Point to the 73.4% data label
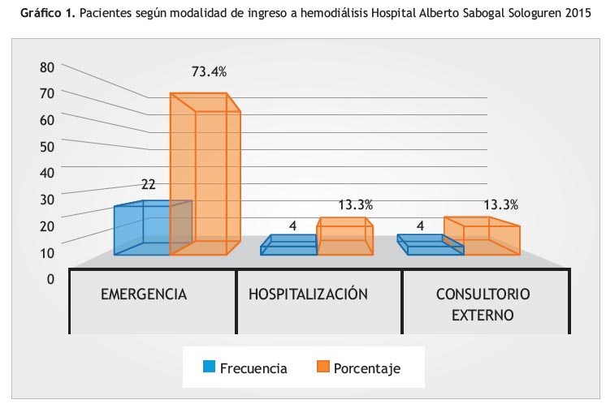[209, 71]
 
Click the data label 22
[149, 184]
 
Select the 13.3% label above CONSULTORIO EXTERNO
[500, 204]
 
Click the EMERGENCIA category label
[144, 294]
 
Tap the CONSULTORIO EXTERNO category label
[483, 303]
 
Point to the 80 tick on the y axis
[46, 67]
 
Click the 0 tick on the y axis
[50, 279]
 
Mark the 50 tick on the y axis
[46, 147]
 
